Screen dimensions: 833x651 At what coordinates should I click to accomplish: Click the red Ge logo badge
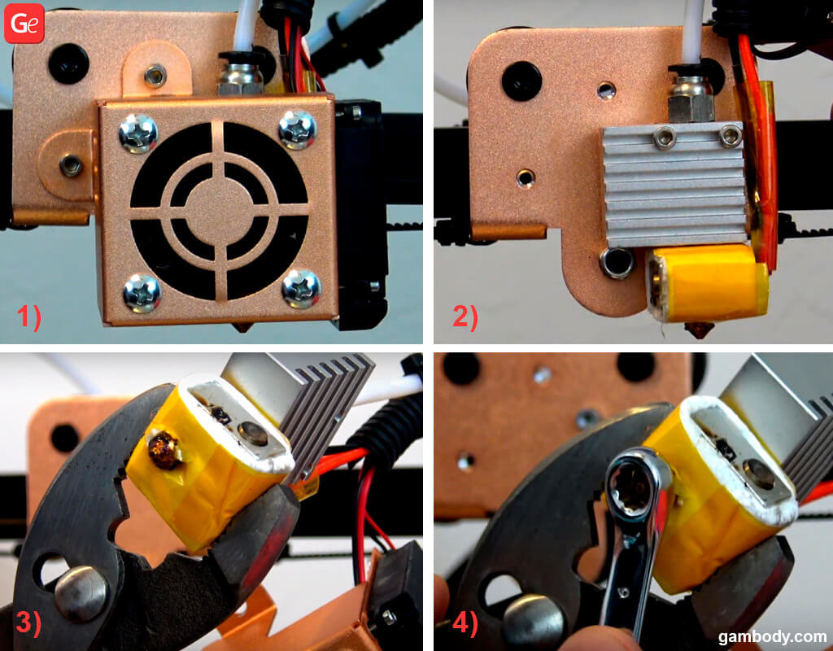click(24, 24)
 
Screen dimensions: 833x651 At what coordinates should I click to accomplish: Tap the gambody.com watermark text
click(772, 636)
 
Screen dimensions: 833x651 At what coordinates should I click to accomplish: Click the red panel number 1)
click(29, 317)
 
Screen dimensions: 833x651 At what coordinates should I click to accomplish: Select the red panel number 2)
click(465, 317)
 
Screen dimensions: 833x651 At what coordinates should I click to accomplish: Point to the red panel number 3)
click(29, 622)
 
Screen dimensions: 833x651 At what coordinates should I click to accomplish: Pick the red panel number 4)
click(465, 622)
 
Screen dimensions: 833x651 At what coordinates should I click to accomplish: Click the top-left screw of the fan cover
click(138, 133)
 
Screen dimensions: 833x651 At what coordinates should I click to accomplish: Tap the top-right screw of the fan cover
click(297, 129)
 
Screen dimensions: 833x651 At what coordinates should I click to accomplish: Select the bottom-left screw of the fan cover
click(142, 293)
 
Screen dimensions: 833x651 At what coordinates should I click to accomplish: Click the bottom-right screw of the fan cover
click(301, 289)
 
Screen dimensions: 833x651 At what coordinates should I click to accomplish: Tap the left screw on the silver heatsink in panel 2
click(664, 138)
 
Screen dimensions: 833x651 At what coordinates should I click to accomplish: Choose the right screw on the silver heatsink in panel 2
click(730, 135)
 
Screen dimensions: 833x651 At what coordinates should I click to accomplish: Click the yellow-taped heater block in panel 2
click(707, 282)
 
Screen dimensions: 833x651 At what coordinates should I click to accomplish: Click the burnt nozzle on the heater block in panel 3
click(164, 449)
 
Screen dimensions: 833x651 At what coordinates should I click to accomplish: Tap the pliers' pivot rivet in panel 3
click(81, 593)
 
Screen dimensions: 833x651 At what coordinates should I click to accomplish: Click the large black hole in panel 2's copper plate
click(521, 81)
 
